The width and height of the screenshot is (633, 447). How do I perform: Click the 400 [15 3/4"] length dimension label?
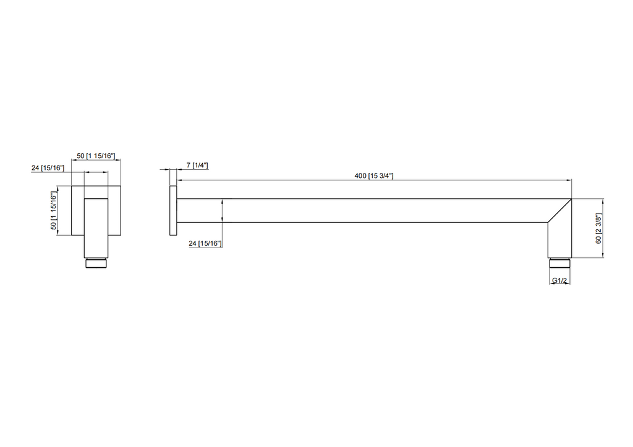tap(374, 176)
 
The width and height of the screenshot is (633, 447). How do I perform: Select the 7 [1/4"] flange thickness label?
tap(197, 165)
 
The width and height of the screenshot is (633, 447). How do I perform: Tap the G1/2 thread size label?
tap(560, 281)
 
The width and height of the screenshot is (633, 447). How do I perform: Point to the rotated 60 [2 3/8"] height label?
tap(598, 229)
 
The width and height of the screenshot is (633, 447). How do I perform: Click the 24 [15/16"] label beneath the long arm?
tap(205, 244)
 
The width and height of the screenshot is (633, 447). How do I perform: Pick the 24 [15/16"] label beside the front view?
tap(47, 167)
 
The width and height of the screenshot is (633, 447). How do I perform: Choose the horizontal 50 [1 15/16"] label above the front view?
tap(96, 156)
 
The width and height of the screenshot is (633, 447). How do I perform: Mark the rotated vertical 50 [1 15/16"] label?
tap(54, 211)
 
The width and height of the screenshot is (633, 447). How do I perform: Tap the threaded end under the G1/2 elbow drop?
tap(559, 262)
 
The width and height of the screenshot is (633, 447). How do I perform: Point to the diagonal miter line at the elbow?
tap(559, 211)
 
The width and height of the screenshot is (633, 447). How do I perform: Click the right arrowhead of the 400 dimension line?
tap(569, 180)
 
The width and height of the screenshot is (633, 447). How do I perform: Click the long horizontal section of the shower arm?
tap(371, 211)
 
